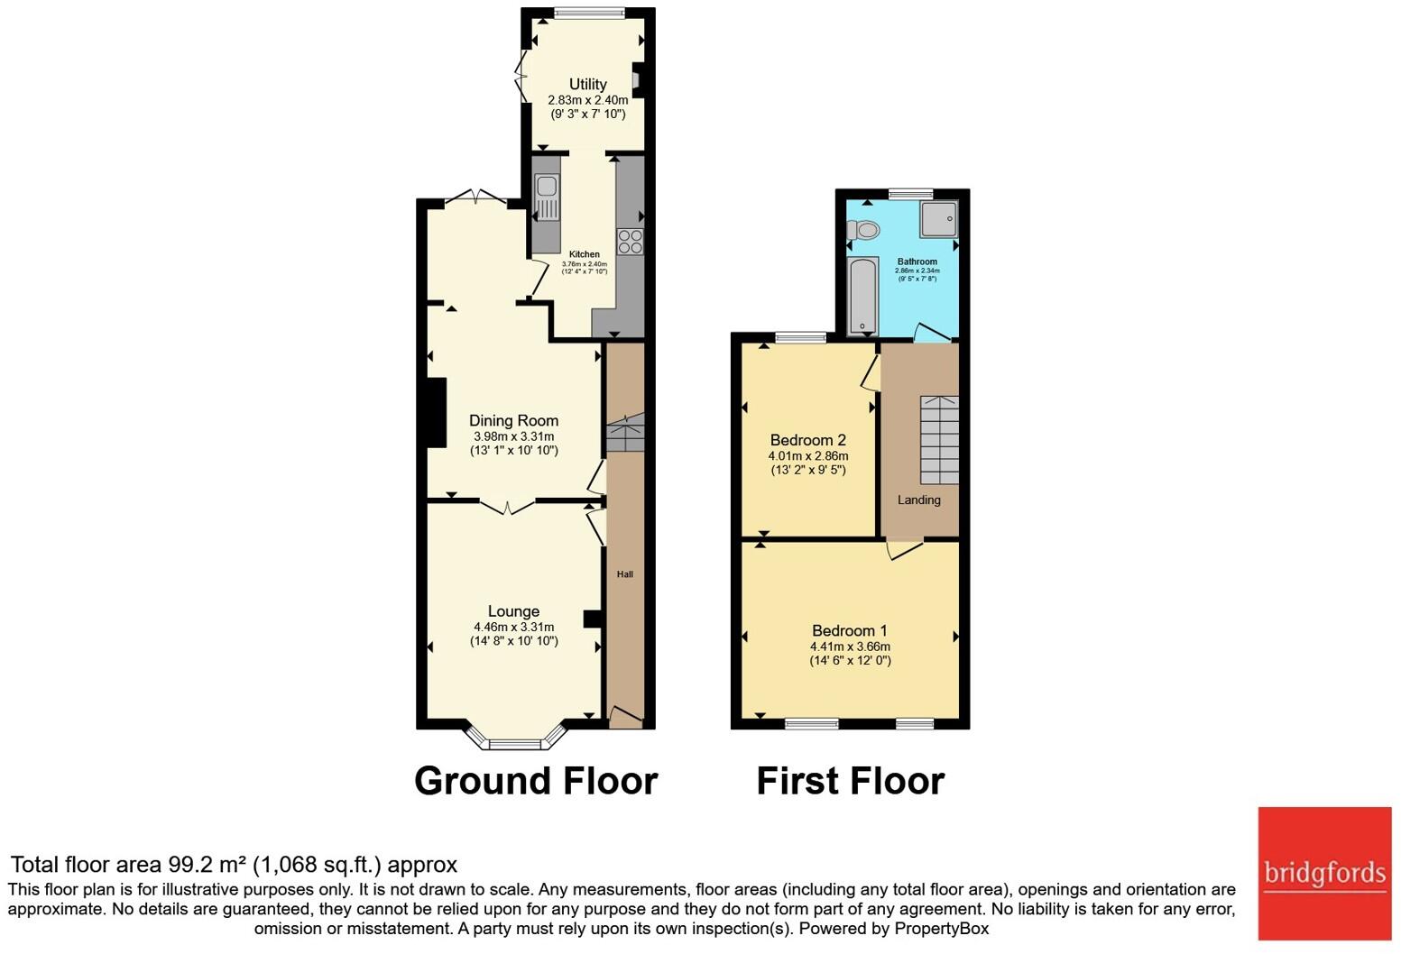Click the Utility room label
click(587, 84)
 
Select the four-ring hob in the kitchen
click(630, 241)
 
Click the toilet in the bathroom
click(863, 230)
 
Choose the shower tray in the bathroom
click(938, 218)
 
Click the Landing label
click(918, 500)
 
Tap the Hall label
click(624, 574)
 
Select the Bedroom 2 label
click(807, 440)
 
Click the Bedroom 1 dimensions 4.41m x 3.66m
click(850, 647)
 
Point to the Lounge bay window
click(515, 742)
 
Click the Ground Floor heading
click(536, 781)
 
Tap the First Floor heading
click(850, 781)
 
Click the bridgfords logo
click(1324, 873)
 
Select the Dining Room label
click(513, 420)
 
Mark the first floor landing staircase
click(939, 439)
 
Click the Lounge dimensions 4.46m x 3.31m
click(513, 627)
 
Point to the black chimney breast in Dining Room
click(436, 412)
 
